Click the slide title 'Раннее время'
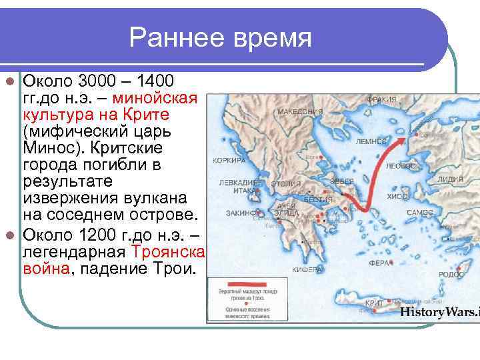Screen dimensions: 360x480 [x=221, y=37]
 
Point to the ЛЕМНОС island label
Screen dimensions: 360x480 [x=371, y=141]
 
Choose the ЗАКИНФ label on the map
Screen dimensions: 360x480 [x=239, y=213]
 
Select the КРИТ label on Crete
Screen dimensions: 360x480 [x=375, y=303]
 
